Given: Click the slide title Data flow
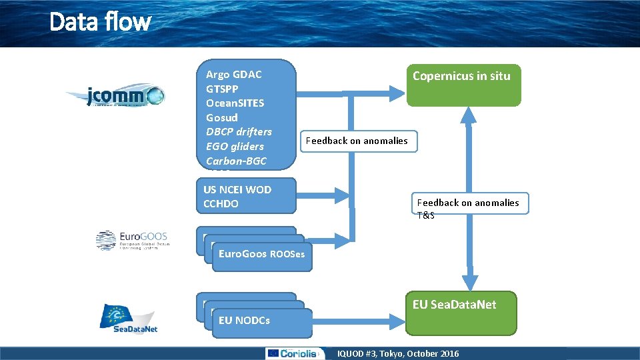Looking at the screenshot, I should tap(100, 22).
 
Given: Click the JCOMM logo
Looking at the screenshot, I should tap(115, 97).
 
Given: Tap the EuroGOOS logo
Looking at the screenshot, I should tap(132, 240).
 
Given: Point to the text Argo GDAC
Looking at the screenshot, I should tap(233, 75).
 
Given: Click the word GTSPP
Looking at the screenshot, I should tap(222, 89).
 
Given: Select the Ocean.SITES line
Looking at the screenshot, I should tap(235, 103).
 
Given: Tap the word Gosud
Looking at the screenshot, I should tap(221, 117).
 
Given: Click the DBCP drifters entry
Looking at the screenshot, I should tap(239, 132).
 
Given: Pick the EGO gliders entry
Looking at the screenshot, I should tap(235, 147).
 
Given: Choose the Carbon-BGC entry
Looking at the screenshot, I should tap(236, 161).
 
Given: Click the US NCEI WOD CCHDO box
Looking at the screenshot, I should tap(246, 196).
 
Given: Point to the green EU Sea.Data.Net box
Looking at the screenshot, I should tap(461, 313).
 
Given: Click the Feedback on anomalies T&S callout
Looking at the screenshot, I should tap(471, 204).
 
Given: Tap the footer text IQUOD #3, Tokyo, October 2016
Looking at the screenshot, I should tap(398, 353).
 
